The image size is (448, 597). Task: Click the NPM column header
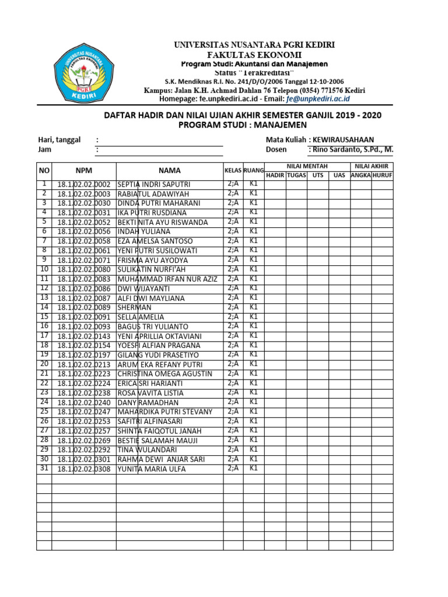[x=84, y=170]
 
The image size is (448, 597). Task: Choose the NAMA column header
[x=170, y=170]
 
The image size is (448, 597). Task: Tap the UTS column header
[x=317, y=175]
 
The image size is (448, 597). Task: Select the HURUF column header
[x=382, y=175]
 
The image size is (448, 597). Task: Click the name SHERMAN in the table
[x=134, y=307]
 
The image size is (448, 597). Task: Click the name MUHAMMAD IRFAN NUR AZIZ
[x=167, y=279]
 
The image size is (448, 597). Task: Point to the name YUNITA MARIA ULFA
[x=152, y=469]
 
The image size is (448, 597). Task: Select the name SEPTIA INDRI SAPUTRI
[x=154, y=184]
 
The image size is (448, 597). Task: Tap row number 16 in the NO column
[x=44, y=326]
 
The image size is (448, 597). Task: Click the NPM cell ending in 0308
[x=84, y=469]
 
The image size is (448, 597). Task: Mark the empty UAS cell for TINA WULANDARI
[x=339, y=450]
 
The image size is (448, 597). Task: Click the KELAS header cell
[x=233, y=170]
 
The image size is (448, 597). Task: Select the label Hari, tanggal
[x=59, y=139]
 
